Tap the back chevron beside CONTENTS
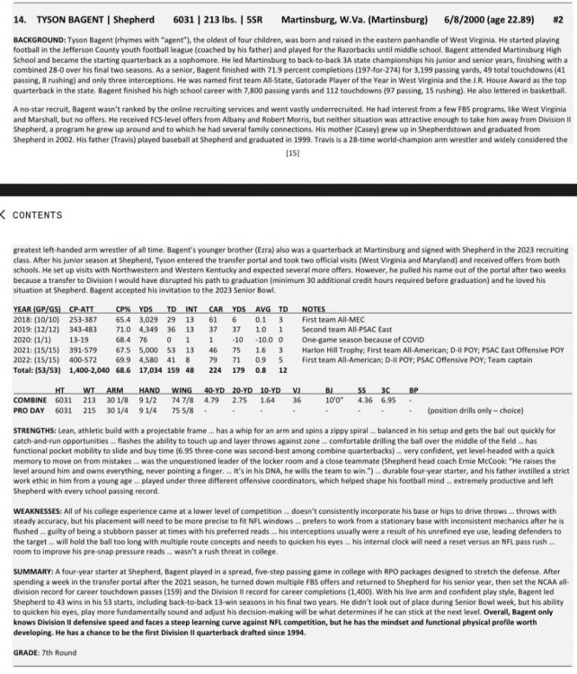pos(4,215)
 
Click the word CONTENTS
pos(40,216)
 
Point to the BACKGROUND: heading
pos(35,42)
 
